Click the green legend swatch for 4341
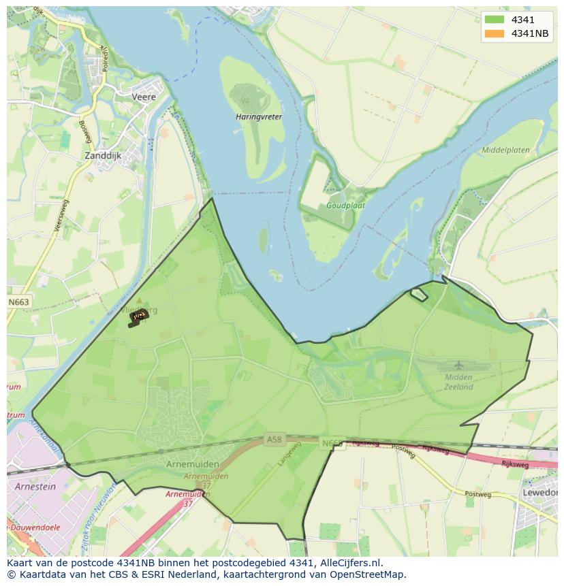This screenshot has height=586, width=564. point(495,20)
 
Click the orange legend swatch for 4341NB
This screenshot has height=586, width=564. point(495,33)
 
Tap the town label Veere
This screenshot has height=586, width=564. point(144,97)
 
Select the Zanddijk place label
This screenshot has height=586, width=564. point(102,156)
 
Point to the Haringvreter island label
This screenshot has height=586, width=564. point(258,117)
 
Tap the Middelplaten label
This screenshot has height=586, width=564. point(505,150)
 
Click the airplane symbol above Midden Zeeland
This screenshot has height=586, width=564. point(458,365)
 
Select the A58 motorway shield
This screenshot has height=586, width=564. point(274,440)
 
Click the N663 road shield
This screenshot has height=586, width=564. point(18,302)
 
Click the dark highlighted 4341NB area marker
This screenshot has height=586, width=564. point(138,316)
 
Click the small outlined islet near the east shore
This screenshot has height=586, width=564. point(418,294)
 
